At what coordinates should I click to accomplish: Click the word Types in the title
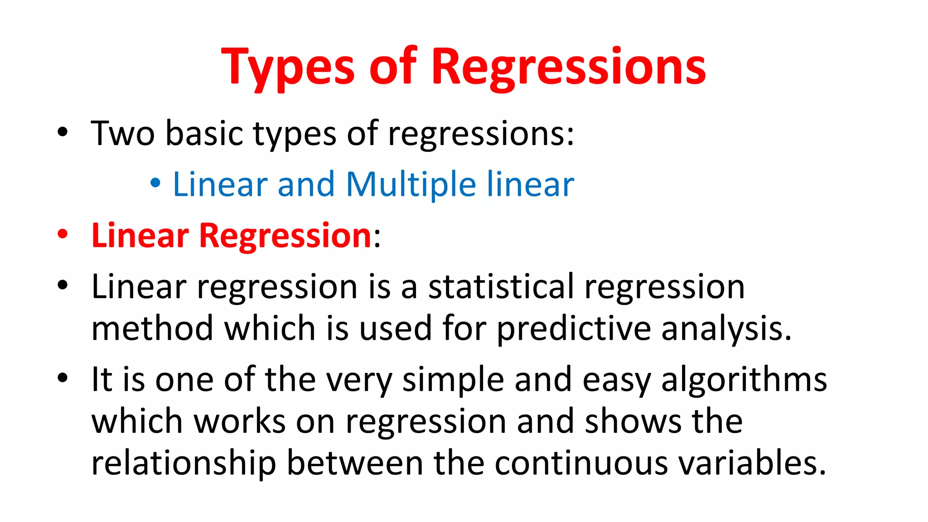point(287,68)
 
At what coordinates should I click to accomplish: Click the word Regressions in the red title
point(568,68)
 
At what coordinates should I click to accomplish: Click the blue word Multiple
point(411,184)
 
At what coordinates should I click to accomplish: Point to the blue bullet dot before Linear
point(155,184)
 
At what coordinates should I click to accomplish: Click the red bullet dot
point(63,234)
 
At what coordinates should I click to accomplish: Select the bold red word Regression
point(285,236)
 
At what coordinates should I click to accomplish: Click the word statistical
point(501,287)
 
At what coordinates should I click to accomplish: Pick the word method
point(152,329)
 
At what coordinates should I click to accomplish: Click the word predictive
point(574,329)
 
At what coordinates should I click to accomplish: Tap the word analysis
point(726,329)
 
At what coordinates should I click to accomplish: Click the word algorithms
point(744,380)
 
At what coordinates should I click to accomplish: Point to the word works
point(240,421)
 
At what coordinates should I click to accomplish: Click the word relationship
point(184,463)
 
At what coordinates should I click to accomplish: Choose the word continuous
point(581,463)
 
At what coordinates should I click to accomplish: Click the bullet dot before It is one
point(63,377)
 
